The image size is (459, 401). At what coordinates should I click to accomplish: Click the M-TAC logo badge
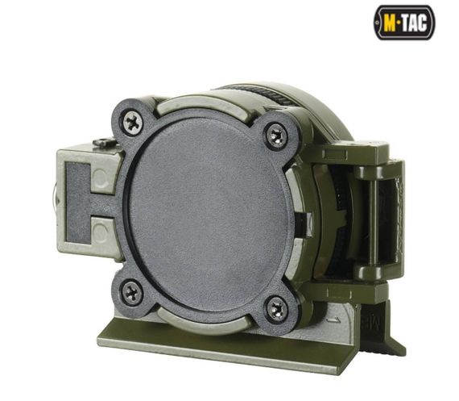[x=404, y=23]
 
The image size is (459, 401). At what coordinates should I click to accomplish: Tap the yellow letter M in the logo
[x=389, y=23]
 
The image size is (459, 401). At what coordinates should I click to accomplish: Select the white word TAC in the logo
[x=415, y=23]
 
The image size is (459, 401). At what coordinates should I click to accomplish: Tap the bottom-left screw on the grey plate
[x=131, y=291]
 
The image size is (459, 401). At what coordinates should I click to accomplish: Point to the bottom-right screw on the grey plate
[x=277, y=308]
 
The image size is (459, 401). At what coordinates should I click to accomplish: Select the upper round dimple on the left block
[x=101, y=178]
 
